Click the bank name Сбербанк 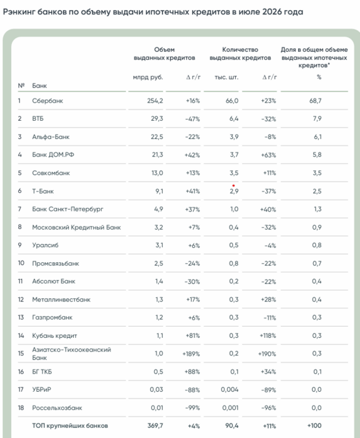[x=47, y=101]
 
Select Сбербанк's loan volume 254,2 [x=155, y=101]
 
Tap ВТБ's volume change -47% [x=192, y=119]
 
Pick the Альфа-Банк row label [x=51, y=137]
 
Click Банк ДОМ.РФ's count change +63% [x=268, y=155]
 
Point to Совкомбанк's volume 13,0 [x=157, y=173]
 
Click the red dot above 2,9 [x=234, y=185]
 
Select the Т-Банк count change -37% [x=269, y=191]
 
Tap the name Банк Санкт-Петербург [x=67, y=209]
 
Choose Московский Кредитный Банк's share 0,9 [x=317, y=227]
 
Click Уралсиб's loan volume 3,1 [x=159, y=245]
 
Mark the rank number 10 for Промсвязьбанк [x=21, y=263]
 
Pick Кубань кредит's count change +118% [x=267, y=335]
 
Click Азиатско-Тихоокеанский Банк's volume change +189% [x=191, y=354]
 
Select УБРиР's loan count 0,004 [x=229, y=390]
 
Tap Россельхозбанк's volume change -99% [x=192, y=408]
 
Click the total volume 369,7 [x=155, y=425]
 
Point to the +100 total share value [x=314, y=425]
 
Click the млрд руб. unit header [x=147, y=77]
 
